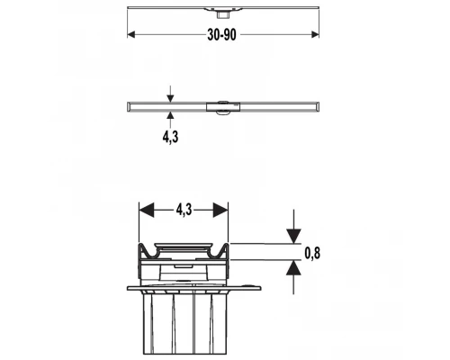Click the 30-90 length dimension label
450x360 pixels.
[x=221, y=35]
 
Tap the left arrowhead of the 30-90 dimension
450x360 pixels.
[x=131, y=34]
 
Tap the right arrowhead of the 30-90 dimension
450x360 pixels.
[x=315, y=34]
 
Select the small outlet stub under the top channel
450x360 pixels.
[x=222, y=13]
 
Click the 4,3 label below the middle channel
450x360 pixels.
[x=170, y=137]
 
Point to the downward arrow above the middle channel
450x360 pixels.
[x=170, y=94]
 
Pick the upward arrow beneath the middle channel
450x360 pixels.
[x=170, y=120]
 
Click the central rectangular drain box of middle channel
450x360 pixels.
[x=223, y=107]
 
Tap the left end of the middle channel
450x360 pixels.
[x=129, y=107]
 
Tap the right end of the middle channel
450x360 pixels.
[x=318, y=107]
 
